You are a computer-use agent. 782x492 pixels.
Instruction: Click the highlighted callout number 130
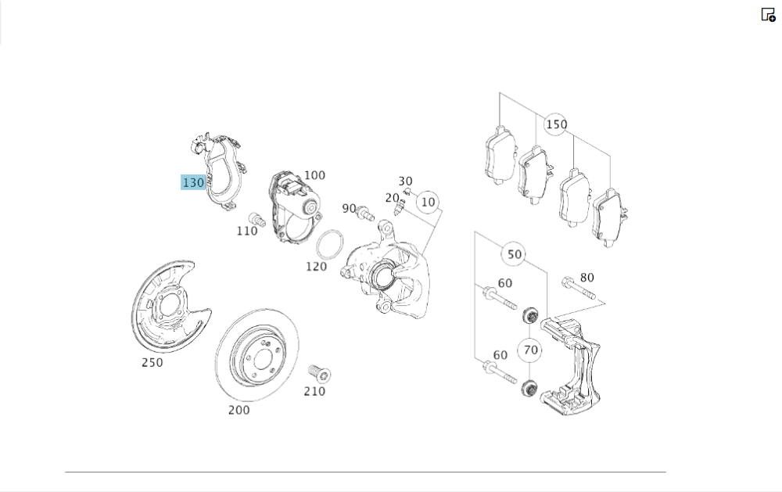point(193,183)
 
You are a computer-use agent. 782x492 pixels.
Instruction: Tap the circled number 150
point(556,124)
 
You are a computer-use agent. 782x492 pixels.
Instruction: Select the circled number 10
point(427,202)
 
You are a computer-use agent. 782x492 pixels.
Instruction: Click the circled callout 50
point(514,254)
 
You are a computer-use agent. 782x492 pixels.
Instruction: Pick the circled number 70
point(531,350)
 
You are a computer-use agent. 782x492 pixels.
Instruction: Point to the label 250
point(152,362)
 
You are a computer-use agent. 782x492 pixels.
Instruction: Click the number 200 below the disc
point(239,410)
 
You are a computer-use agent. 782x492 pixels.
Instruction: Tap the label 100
point(314,175)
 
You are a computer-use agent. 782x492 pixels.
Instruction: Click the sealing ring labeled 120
point(329,244)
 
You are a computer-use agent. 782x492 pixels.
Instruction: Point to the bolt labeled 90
point(364,211)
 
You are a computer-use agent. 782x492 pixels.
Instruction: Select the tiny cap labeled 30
point(407,190)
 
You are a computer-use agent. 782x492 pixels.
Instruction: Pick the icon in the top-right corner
point(768,14)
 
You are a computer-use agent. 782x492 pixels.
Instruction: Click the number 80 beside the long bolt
point(586,277)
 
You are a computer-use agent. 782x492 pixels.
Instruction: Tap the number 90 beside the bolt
point(349,209)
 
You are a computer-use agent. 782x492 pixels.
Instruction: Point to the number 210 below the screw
point(314,390)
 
